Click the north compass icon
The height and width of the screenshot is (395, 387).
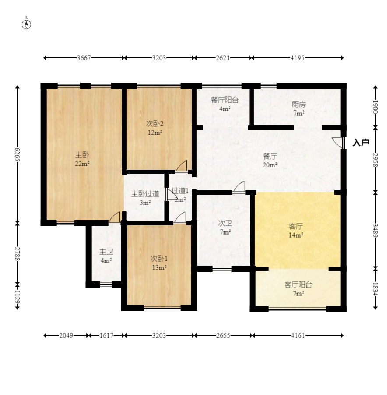coord(27,24)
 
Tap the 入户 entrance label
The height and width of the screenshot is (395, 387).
coord(361,142)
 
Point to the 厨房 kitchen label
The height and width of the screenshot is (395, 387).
coord(299,104)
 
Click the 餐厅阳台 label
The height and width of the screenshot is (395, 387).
coord(225,100)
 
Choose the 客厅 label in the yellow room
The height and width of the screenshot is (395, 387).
coord(296,226)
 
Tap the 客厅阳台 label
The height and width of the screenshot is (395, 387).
coord(298,285)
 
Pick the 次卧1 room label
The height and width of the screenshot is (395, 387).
coord(158,258)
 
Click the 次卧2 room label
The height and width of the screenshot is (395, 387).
coord(155,124)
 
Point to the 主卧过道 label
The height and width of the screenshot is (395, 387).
coord(145,194)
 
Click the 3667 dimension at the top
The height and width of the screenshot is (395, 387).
coord(84,58)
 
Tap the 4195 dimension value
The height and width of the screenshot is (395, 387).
coord(298,58)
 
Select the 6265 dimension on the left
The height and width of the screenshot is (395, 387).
coord(18,154)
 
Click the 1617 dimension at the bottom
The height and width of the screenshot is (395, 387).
coord(106,335)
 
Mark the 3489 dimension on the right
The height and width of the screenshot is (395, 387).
coord(375,230)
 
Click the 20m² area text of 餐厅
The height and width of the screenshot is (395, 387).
coord(270,165)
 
